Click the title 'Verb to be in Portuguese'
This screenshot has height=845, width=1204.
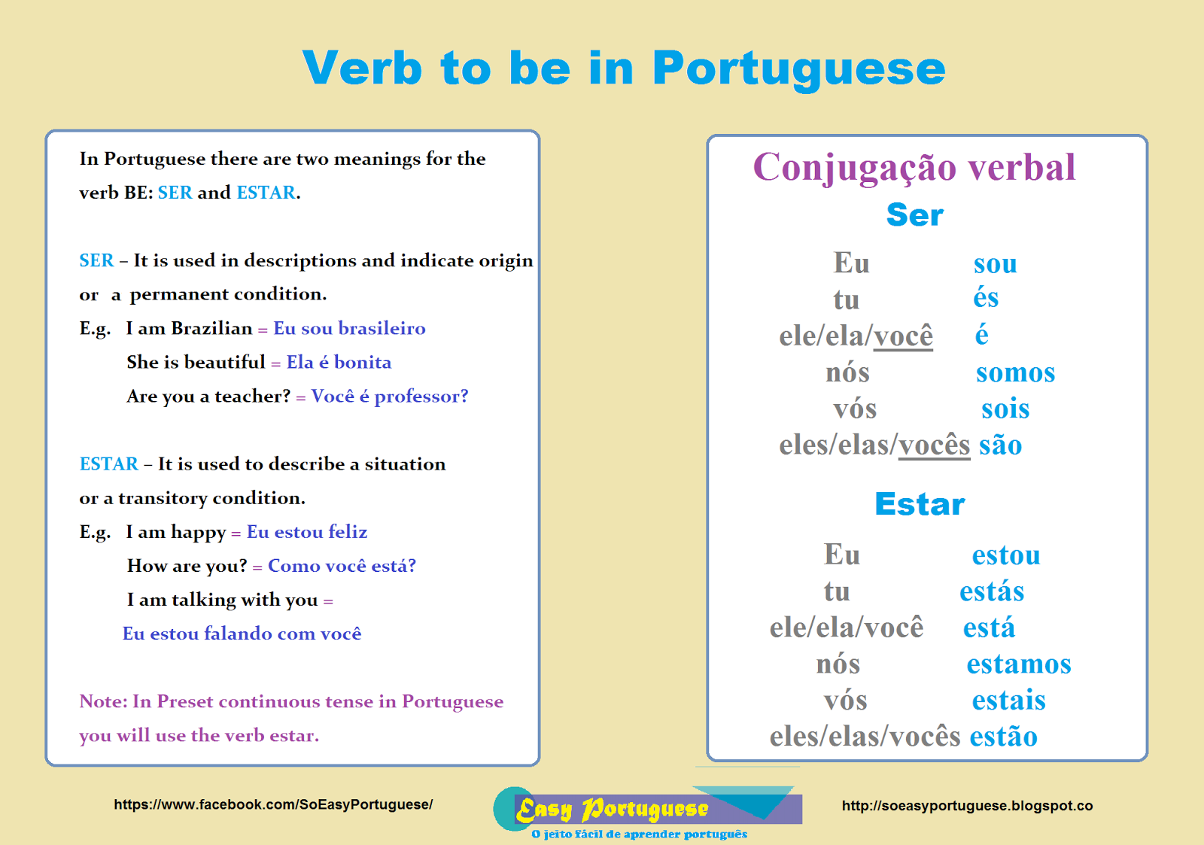point(624,68)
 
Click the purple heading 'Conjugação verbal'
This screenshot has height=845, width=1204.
point(914,167)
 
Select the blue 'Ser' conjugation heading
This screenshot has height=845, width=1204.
point(914,215)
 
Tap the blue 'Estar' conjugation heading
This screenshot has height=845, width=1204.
point(920,504)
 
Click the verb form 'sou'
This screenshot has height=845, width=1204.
point(995,263)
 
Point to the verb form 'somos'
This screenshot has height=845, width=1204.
point(1015,372)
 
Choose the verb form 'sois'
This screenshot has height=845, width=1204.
point(1005,409)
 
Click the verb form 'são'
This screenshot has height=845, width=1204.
point(1000,445)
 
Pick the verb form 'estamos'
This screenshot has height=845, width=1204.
point(1019,664)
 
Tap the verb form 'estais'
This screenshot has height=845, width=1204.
point(1008,700)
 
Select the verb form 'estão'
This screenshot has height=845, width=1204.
point(1003,736)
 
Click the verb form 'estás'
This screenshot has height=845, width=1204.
point(992,591)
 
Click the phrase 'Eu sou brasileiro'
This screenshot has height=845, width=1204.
point(349,328)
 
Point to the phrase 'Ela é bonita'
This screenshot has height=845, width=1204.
point(339,362)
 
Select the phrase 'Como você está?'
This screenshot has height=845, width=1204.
point(342,566)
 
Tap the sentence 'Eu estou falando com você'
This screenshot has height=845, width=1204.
point(242,634)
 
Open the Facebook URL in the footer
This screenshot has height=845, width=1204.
point(273,804)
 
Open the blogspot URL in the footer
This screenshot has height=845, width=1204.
point(967,806)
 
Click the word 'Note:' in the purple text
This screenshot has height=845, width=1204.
point(103,701)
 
